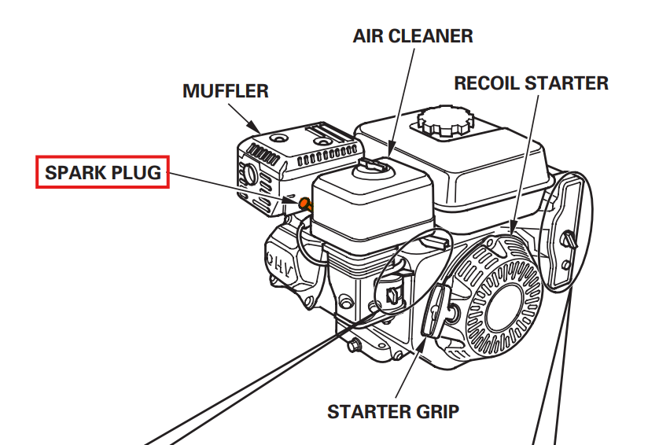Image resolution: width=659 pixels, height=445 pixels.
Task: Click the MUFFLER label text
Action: tap(225, 91)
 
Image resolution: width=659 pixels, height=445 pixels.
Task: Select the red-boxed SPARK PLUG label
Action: tap(103, 172)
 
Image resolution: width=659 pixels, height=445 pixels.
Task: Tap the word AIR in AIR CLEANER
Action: tap(371, 36)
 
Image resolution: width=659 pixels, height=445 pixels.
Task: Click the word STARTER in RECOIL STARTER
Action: tap(569, 83)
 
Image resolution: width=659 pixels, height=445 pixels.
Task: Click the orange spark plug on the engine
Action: tap(304, 204)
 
